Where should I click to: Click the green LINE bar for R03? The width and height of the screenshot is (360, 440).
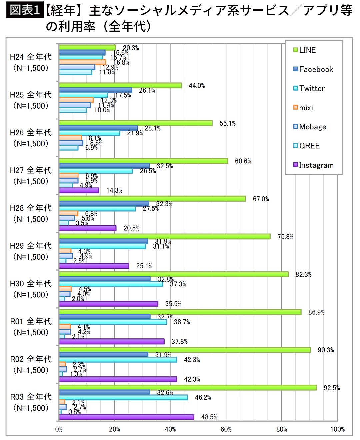pyautogui.click(x=188, y=388)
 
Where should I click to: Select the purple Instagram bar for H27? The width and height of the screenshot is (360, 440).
pyautogui.click(x=79, y=190)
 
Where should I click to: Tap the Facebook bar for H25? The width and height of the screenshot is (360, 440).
pyautogui.click(x=95, y=90)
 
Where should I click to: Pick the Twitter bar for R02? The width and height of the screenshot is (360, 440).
pyautogui.click(x=118, y=360)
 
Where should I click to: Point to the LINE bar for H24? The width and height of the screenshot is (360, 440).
pyautogui.click(x=87, y=48)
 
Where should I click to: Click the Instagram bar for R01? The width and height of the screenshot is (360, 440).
pyautogui.click(x=112, y=341)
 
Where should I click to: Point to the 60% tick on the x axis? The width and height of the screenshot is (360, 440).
pyautogui.click(x=226, y=429)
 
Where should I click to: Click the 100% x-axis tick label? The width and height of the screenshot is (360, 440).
pyautogui.click(x=337, y=429)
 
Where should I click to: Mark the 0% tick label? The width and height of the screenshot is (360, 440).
pyautogui.click(x=59, y=429)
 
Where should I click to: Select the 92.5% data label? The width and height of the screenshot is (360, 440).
pyautogui.click(x=332, y=388)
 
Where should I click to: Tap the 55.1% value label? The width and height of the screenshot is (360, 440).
pyautogui.click(x=227, y=123)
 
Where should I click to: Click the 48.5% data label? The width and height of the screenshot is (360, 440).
pyautogui.click(x=209, y=417)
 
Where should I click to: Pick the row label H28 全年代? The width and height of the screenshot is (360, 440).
pyautogui.click(x=31, y=208)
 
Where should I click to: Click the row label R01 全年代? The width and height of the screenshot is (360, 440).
pyautogui.click(x=31, y=322)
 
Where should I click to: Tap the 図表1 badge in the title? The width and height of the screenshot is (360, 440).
pyautogui.click(x=24, y=10)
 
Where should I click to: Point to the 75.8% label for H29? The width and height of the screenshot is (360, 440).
pyautogui.click(x=285, y=237)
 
